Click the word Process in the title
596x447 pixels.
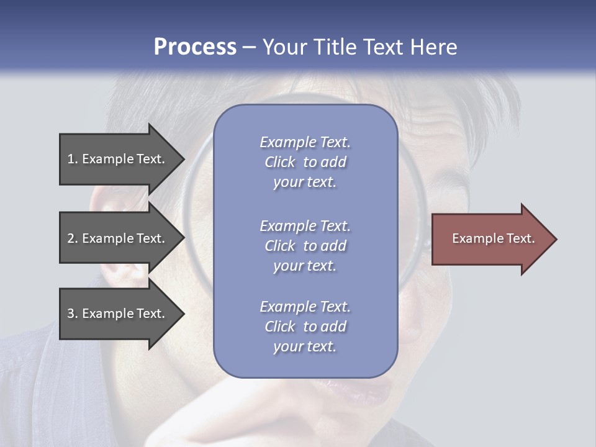195,47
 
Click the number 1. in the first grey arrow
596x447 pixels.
72,160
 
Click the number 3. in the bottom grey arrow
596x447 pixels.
72,314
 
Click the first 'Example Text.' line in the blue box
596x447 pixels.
305,142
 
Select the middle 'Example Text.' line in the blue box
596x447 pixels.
305,226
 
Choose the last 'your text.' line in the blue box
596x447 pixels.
305,347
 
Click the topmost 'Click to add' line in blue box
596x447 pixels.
305,162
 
